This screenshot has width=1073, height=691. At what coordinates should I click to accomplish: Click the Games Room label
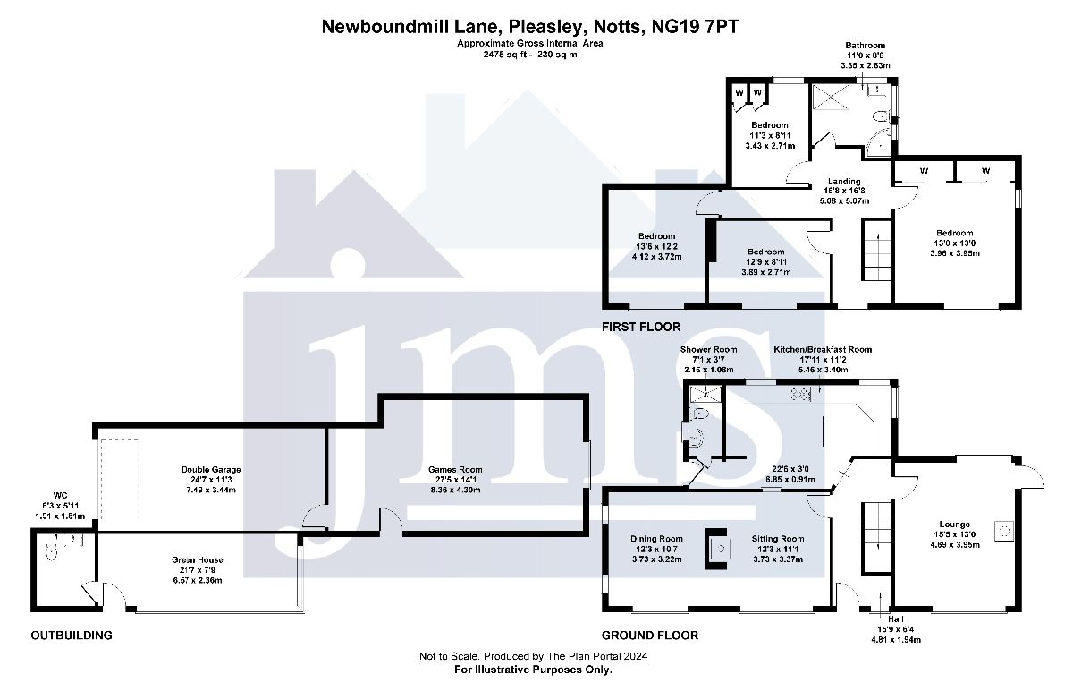pyautogui.click(x=455, y=469)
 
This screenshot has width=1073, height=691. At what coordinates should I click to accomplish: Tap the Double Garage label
pyautogui.click(x=211, y=469)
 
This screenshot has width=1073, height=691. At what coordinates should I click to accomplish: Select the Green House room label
pyautogui.click(x=197, y=560)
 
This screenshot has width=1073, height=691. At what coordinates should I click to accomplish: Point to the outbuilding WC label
pyautogui.click(x=60, y=495)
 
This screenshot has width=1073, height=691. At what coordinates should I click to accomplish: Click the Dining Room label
pyautogui.click(x=656, y=539)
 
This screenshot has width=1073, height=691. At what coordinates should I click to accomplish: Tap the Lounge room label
pyautogui.click(x=954, y=525)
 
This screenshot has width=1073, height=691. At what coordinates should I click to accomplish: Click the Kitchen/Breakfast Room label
pyautogui.click(x=822, y=350)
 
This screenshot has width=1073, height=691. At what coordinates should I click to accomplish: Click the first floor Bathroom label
pyautogui.click(x=866, y=46)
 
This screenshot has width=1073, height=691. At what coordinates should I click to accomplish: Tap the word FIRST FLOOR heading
pyautogui.click(x=641, y=328)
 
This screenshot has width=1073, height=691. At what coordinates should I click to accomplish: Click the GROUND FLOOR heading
pyautogui.click(x=650, y=636)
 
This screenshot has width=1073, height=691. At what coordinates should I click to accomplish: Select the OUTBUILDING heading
pyautogui.click(x=72, y=636)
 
